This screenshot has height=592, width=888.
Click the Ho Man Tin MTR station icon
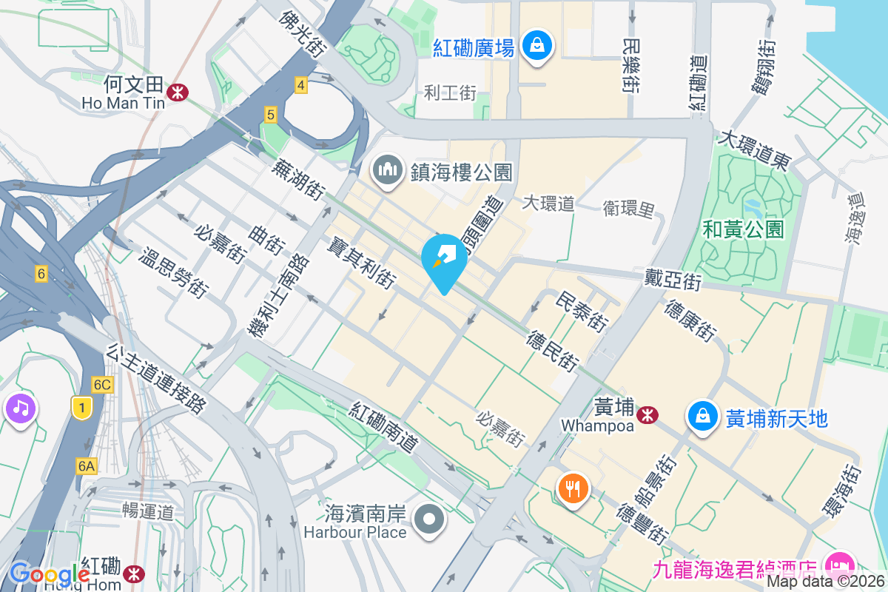coord(177,92)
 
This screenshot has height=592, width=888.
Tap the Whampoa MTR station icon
coord(647,415)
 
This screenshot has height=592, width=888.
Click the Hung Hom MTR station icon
coord(134,573)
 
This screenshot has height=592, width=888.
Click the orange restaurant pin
coord(572,489)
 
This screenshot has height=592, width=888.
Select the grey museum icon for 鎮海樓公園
coord(388,172)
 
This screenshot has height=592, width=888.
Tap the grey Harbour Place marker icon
coord(429,520)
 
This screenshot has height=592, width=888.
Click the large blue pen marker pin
coord(444,261)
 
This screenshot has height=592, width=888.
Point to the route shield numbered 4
coord(300,85)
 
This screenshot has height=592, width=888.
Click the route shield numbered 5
coord(271,115)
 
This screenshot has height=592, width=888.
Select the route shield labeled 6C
coord(102,384)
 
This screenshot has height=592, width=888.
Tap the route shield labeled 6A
coord(86,465)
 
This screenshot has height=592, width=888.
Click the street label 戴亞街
coord(673,280)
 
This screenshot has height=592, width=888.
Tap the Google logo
coord(49,573)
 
